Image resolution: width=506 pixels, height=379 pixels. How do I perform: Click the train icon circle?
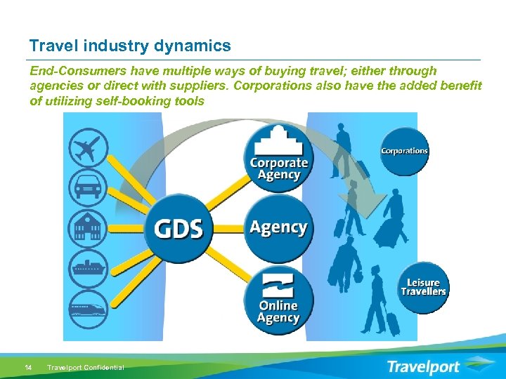89,307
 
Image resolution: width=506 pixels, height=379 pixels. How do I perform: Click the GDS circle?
179,228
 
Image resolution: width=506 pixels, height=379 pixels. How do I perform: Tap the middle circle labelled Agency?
278,227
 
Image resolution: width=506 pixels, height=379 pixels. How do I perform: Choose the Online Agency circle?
278,298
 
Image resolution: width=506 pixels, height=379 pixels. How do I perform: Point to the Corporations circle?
404,151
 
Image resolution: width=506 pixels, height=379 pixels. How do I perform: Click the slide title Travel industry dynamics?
130,46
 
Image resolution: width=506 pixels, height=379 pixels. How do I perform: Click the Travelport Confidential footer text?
85,367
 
